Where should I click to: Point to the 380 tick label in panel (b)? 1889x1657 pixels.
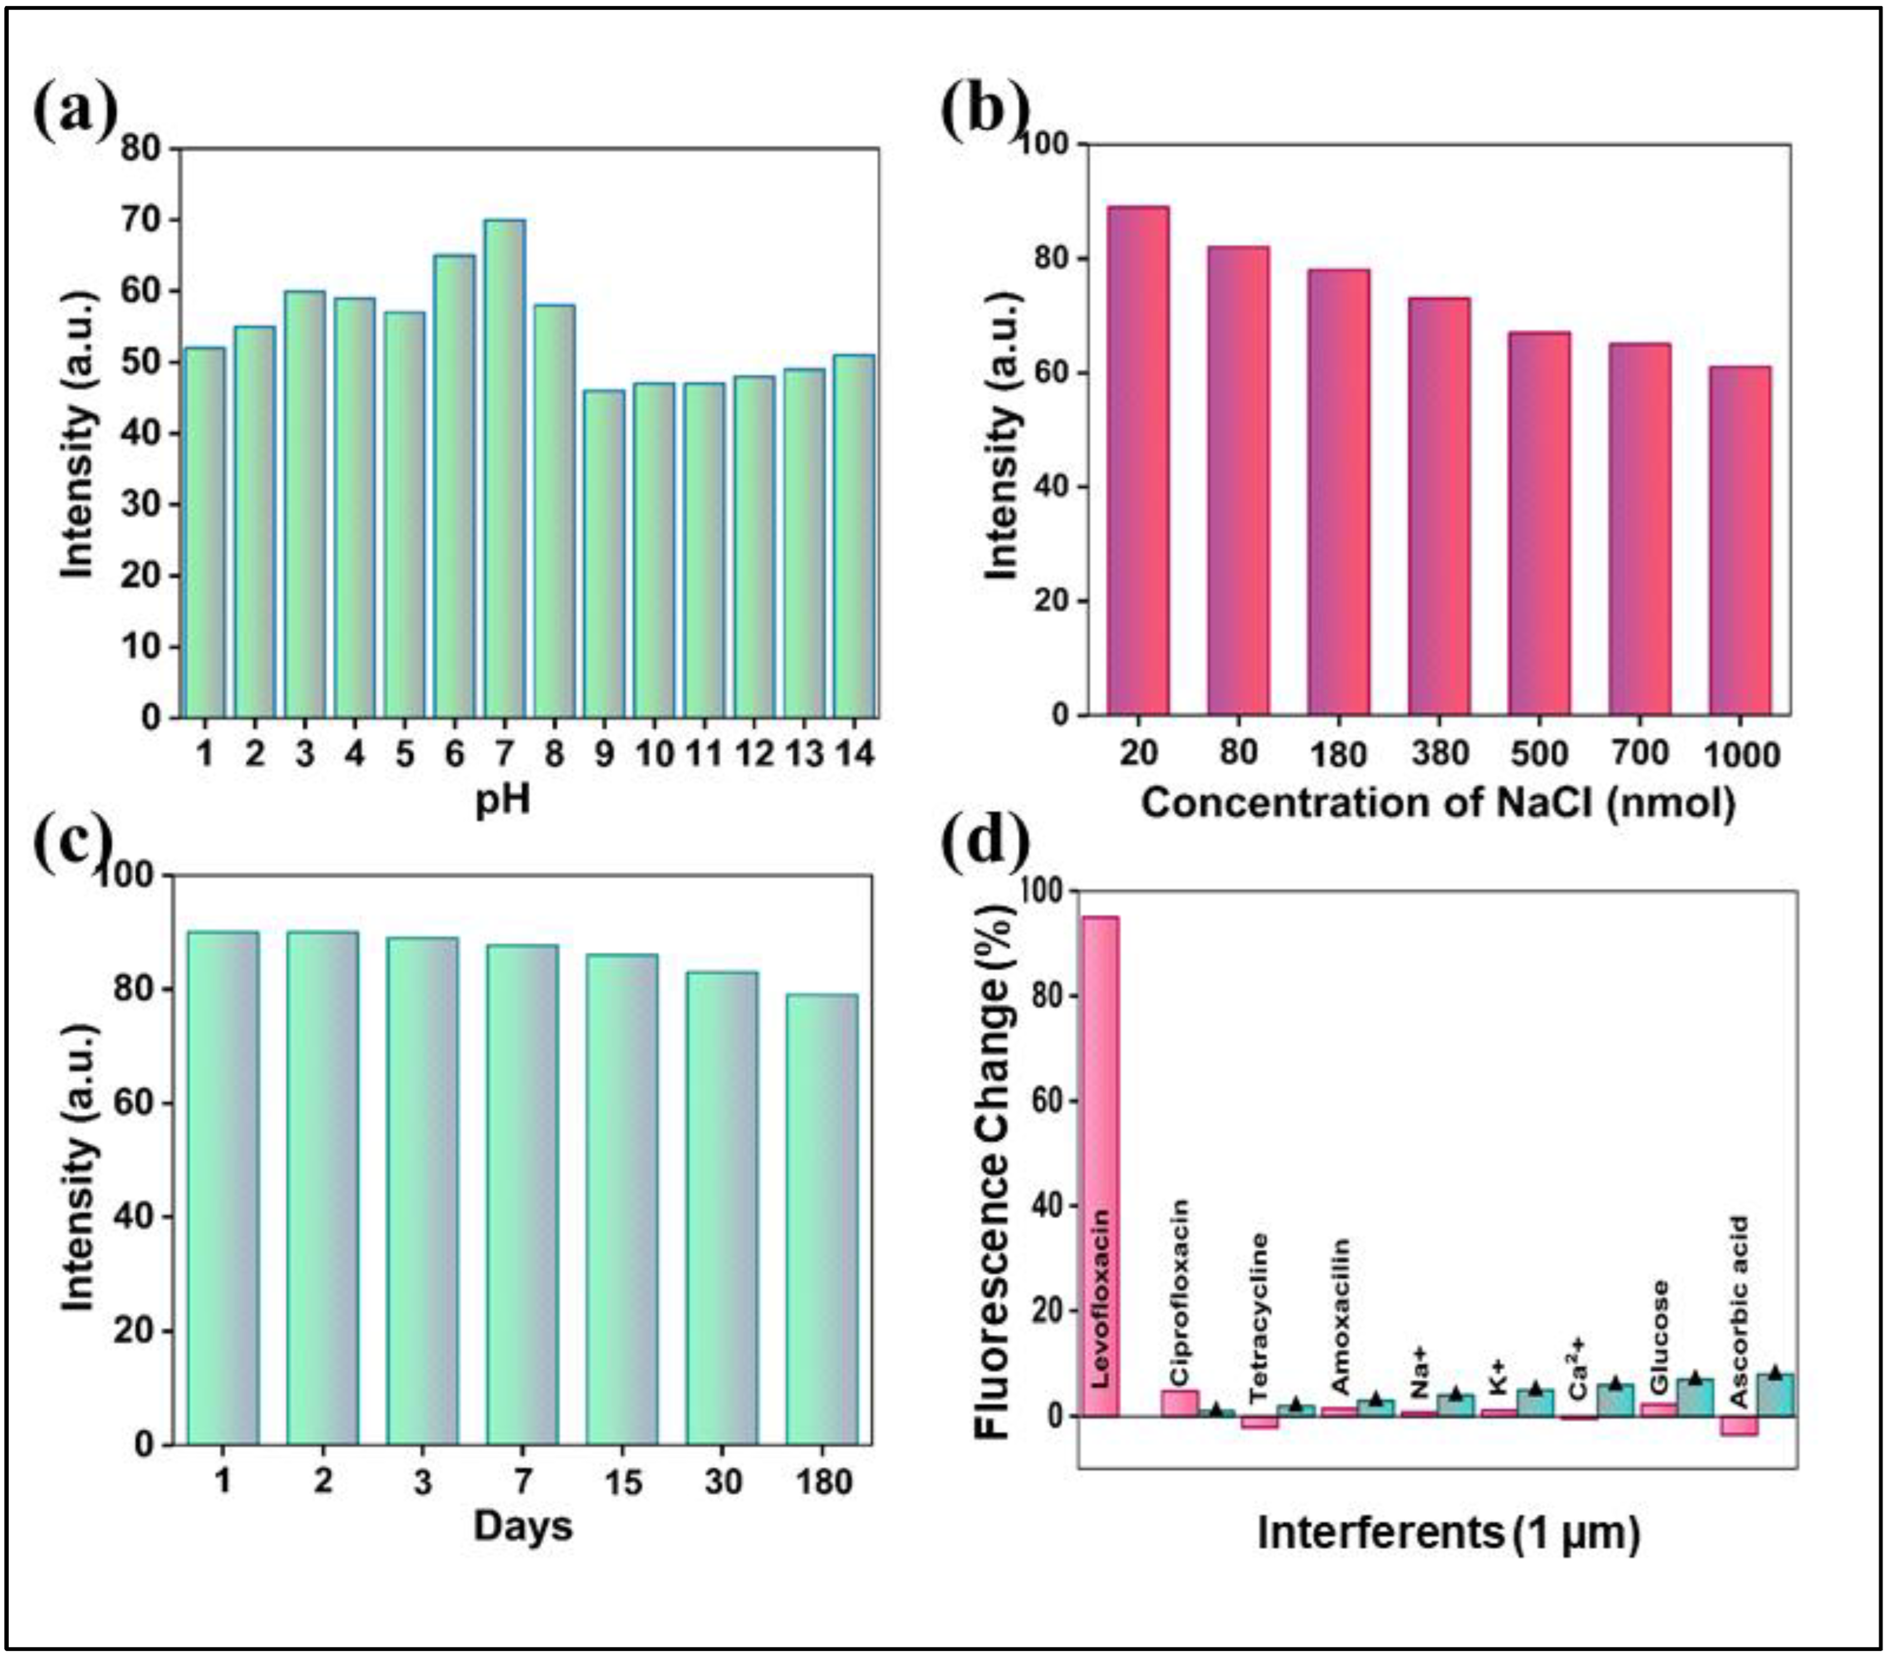(1440, 754)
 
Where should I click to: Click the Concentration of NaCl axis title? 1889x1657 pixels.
(1438, 802)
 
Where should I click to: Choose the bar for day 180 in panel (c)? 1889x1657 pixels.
(822, 1220)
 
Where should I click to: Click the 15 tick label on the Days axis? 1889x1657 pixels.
(623, 1482)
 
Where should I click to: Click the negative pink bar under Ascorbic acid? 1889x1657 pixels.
(1739, 1426)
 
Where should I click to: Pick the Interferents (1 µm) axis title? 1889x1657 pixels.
(1448, 1533)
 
